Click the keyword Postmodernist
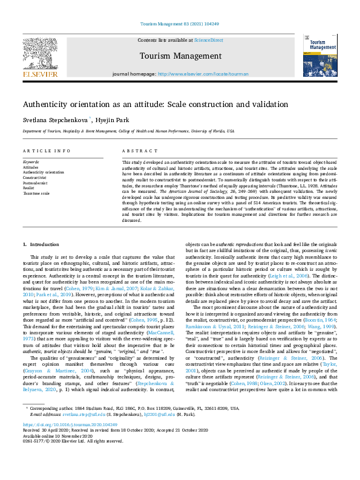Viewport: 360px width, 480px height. pyautogui.click(x=35, y=183)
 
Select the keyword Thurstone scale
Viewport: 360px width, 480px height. pyautogui.click(x=36, y=193)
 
